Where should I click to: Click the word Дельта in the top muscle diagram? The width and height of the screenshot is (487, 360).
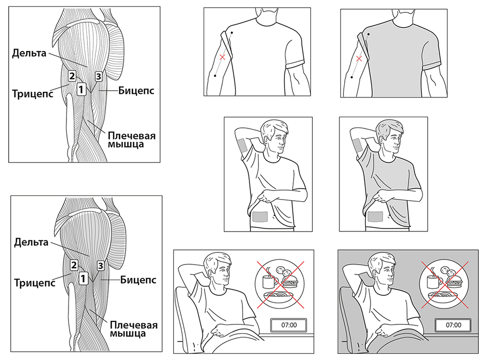click(x=29, y=53)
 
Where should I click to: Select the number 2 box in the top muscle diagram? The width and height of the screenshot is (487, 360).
click(x=72, y=76)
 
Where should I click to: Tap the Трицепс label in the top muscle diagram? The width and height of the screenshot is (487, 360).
click(x=32, y=93)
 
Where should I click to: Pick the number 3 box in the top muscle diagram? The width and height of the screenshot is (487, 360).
click(x=98, y=76)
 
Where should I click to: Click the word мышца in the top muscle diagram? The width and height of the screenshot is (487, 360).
click(x=126, y=144)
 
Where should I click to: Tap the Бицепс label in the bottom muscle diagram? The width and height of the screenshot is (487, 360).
click(x=138, y=280)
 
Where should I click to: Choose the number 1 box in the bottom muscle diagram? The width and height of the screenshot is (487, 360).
click(x=83, y=278)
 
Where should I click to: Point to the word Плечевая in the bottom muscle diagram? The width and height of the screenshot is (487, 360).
click(x=134, y=325)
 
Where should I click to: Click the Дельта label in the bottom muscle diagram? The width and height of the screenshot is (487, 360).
click(x=31, y=242)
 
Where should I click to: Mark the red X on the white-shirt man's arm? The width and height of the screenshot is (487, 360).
click(x=222, y=57)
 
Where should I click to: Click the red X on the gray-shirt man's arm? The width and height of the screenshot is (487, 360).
click(x=359, y=58)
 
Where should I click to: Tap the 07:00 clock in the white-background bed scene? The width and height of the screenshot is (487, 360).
click(x=289, y=325)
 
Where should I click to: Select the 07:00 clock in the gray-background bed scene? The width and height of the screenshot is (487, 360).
click(x=453, y=325)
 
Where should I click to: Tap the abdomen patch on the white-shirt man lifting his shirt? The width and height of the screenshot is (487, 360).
click(x=260, y=217)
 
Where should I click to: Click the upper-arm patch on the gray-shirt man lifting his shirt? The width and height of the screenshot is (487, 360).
click(x=358, y=145)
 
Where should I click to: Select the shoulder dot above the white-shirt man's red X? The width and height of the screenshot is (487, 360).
click(x=232, y=32)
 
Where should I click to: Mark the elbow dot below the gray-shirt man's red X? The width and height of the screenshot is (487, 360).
click(x=351, y=77)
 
